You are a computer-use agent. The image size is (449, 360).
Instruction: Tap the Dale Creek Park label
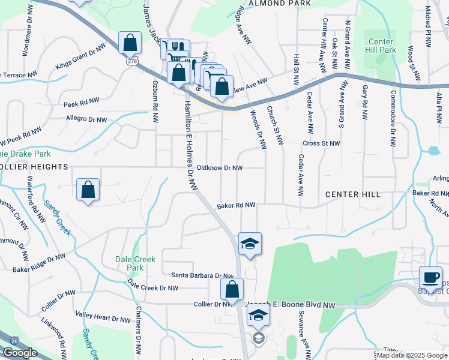coord(135,263)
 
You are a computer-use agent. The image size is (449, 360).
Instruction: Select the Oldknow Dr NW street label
coord(220,169)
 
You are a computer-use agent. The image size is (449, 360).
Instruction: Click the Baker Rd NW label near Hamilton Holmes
coord(237,205)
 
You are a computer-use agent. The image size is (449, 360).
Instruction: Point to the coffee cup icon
coord(430,278)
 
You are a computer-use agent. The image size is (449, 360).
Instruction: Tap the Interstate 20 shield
coord(14,340)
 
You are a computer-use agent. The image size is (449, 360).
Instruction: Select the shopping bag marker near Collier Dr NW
coord(232,289)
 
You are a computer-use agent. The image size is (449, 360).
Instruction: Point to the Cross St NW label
coord(321,144)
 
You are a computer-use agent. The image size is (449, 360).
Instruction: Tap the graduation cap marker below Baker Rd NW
coord(250,244)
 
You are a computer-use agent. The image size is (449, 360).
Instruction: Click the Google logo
coord(20,353)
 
